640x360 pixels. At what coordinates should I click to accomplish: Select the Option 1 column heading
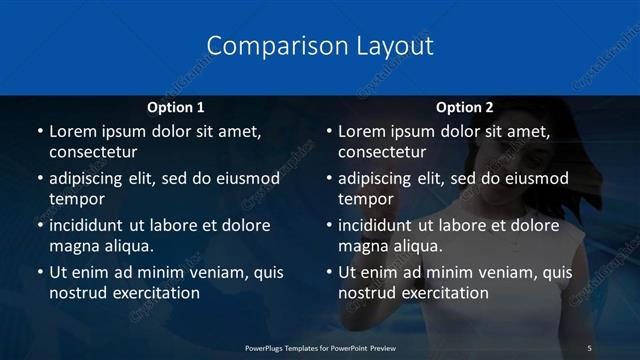[175, 107]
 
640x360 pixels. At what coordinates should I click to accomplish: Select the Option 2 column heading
[465, 107]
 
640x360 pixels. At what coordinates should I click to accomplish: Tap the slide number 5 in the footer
[589, 347]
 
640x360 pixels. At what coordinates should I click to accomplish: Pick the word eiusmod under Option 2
[535, 178]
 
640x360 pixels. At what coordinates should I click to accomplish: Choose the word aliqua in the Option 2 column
[428, 245]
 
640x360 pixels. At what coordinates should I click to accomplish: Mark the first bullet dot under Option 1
[40, 132]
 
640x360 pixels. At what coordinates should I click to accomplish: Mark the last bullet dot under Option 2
[329, 273]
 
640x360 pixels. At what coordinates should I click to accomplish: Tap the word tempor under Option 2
[365, 199]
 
